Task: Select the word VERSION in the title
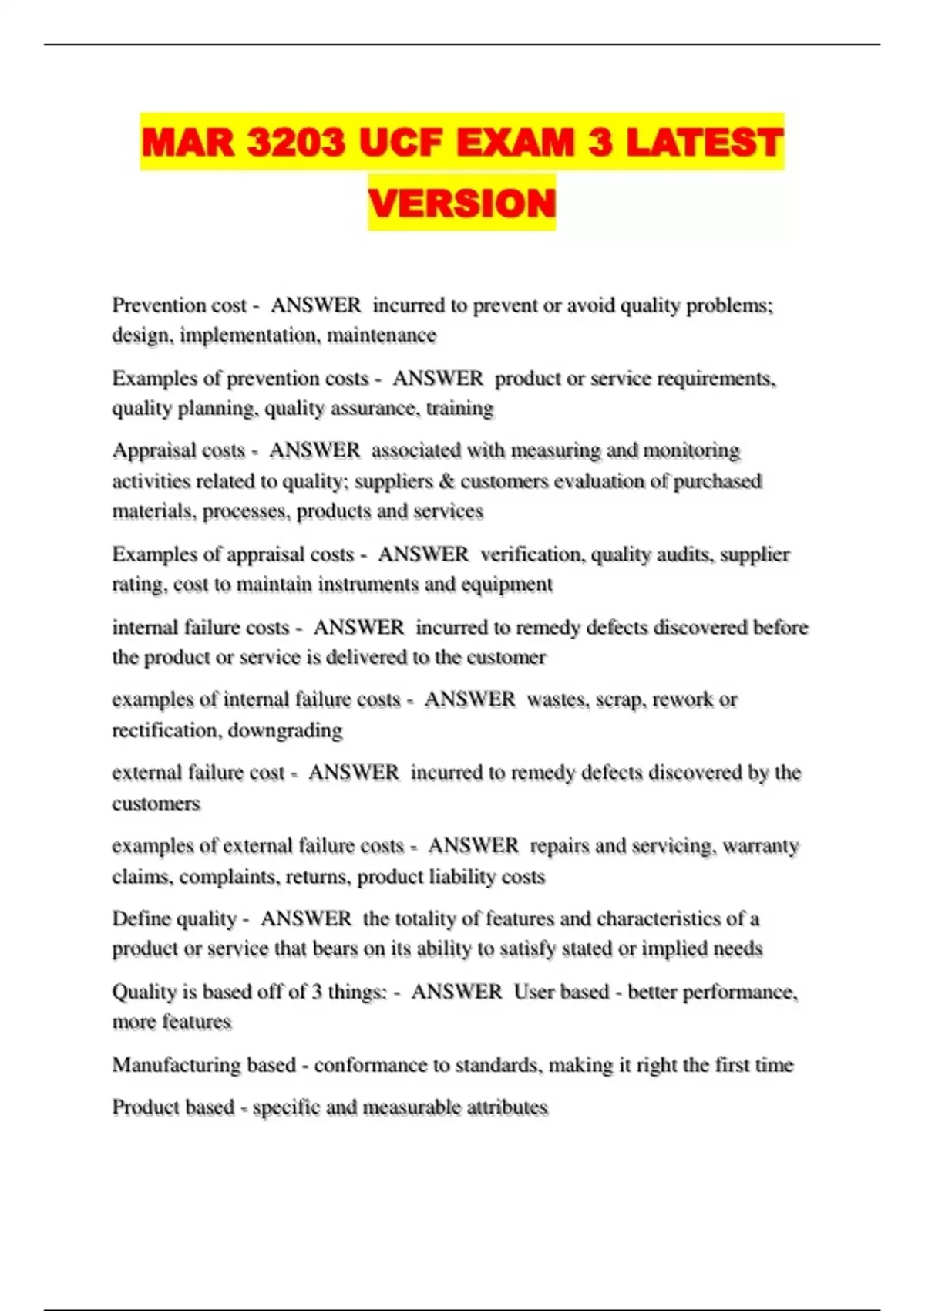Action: (x=462, y=203)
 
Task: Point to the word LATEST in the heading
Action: (x=705, y=143)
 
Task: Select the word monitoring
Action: (x=691, y=450)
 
